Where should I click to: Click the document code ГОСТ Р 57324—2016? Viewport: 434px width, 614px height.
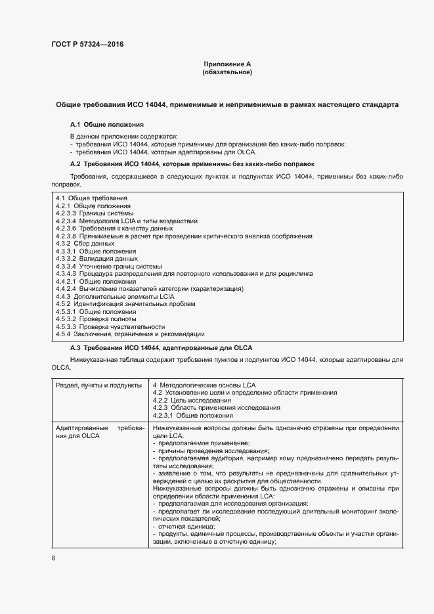(x=87, y=45)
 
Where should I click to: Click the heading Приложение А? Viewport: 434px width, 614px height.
(x=227, y=64)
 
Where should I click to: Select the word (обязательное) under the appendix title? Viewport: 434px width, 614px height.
(x=227, y=72)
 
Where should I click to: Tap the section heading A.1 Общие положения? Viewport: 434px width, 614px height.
(x=106, y=124)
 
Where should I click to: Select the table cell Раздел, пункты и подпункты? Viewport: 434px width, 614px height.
(x=98, y=385)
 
